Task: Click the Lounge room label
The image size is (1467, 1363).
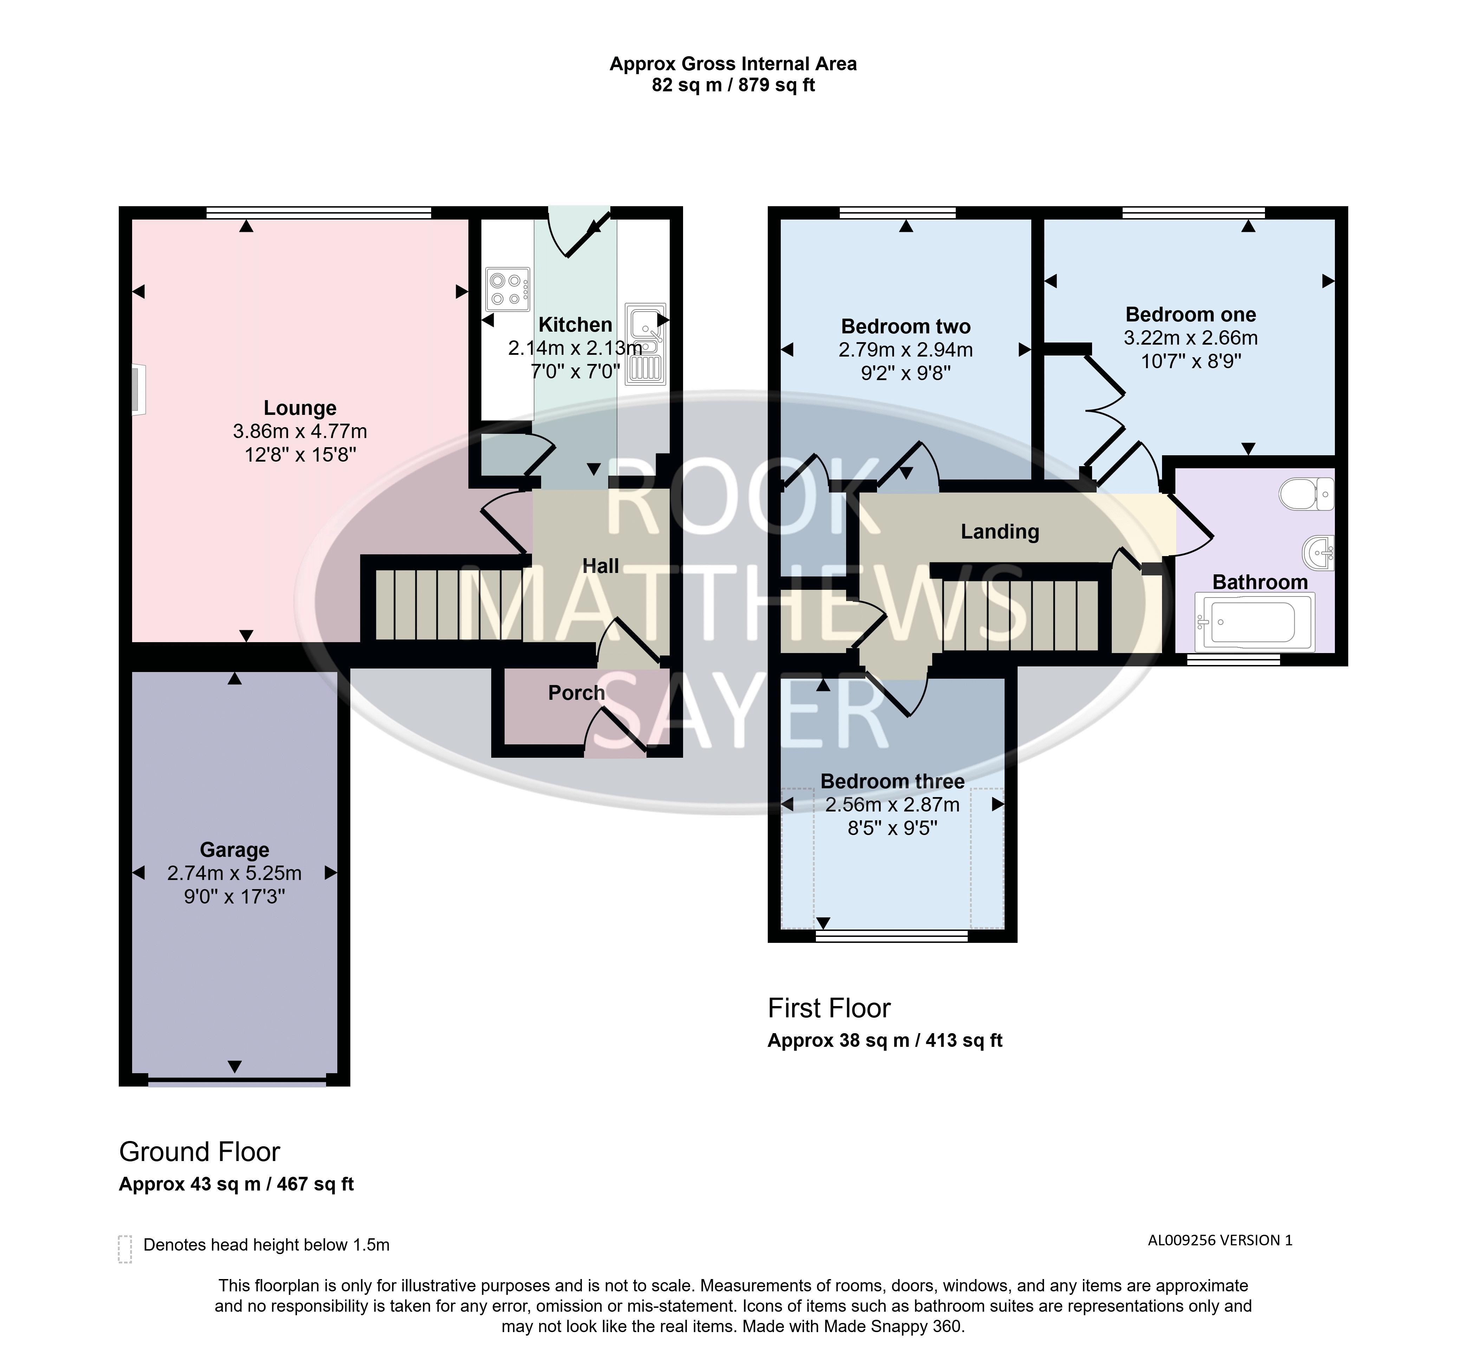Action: [300, 408]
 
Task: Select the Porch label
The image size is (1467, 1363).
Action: [576, 692]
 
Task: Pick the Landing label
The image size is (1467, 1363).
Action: [999, 532]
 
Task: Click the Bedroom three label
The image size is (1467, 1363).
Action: [892, 781]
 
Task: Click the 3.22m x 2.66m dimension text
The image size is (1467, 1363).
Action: [1190, 338]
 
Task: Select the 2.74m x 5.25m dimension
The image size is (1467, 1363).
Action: [234, 873]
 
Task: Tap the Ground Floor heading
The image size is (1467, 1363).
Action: [200, 1151]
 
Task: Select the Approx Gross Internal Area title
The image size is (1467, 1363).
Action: [733, 64]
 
